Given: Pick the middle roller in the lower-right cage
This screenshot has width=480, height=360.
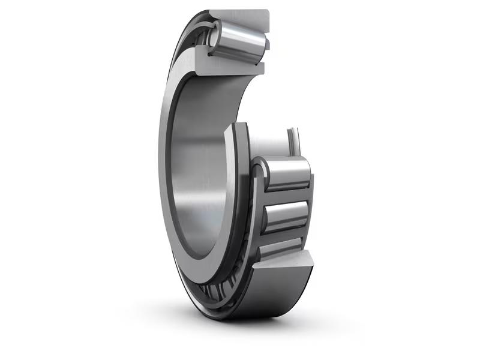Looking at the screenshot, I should coord(287,213).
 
